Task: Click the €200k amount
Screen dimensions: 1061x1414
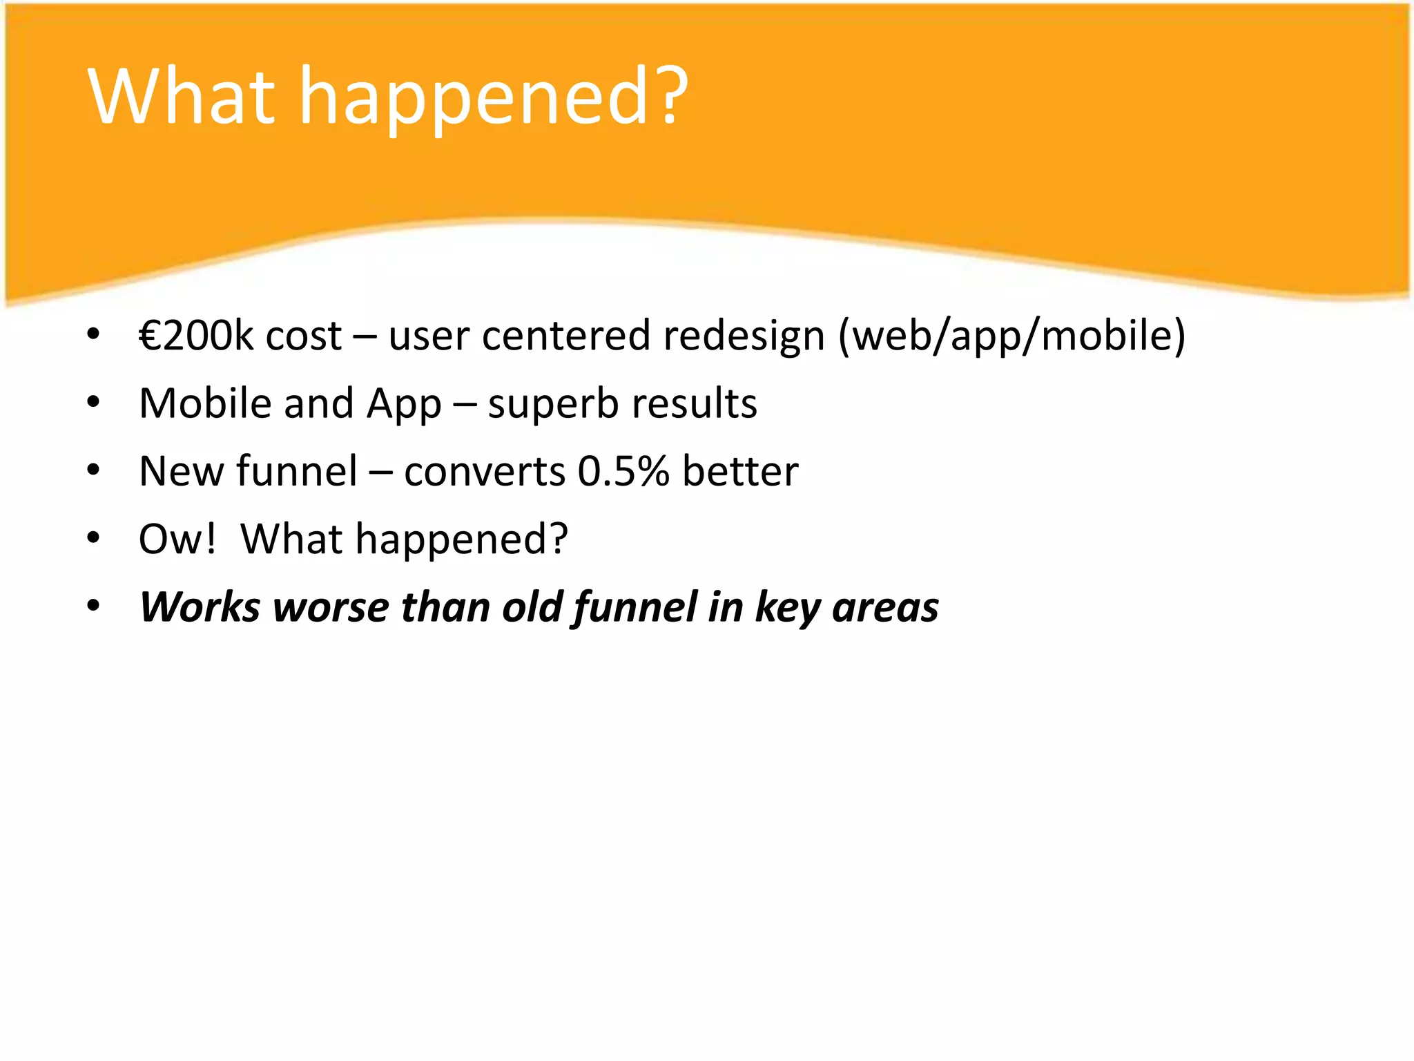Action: (195, 336)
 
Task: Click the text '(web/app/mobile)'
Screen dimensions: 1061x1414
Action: (1011, 336)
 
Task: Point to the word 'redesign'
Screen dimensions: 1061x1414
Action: (744, 336)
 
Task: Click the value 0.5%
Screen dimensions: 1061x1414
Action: (623, 471)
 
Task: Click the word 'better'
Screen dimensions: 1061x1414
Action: (740, 471)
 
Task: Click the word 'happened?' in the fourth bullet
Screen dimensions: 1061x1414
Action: (461, 539)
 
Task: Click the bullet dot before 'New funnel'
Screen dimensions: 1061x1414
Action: (94, 470)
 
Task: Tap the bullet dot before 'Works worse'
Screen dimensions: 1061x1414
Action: (94, 606)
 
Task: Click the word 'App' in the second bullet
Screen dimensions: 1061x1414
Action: (404, 405)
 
